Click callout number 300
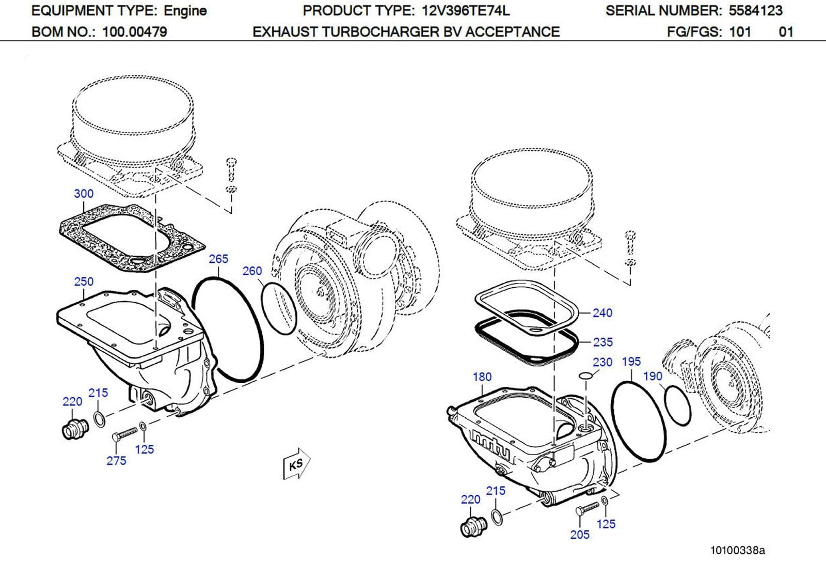[x=84, y=194]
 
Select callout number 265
[x=218, y=259]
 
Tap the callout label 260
[x=252, y=271]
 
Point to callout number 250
[x=84, y=282]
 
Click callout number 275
[x=116, y=461]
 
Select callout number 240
[x=602, y=313]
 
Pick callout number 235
[x=602, y=342]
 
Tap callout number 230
[x=602, y=362]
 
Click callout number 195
[x=631, y=362]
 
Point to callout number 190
[x=653, y=376]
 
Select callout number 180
[x=482, y=377]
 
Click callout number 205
[x=579, y=535]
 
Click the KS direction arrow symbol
[x=296, y=463]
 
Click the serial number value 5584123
[x=755, y=10]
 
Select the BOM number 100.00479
[x=134, y=32]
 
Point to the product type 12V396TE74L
[x=465, y=10]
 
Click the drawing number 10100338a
[x=737, y=550]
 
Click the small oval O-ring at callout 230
[x=585, y=375]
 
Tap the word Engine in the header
[x=185, y=10]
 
